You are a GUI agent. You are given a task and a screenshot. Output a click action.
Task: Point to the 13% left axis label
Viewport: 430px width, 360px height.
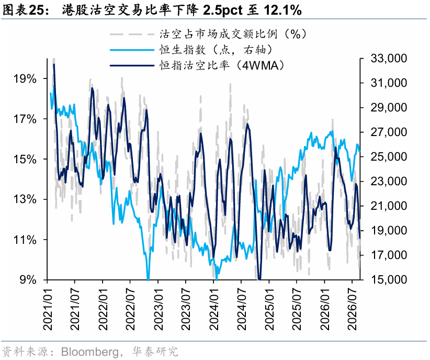pos(25,199)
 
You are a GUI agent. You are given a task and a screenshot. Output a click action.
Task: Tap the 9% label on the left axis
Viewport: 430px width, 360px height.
pos(28,279)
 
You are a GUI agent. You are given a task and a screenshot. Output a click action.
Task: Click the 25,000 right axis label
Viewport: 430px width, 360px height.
pos(389,156)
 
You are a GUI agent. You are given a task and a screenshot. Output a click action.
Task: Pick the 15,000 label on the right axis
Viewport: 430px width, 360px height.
pos(389,279)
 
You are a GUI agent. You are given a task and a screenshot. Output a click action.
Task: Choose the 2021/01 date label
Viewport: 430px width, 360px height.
pos(48,309)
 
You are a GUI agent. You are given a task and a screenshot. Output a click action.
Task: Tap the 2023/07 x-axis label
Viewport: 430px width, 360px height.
pos(186,309)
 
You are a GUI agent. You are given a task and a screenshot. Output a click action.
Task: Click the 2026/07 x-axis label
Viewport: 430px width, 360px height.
pos(353,309)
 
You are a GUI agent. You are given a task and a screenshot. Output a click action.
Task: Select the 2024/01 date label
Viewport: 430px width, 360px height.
pos(214,309)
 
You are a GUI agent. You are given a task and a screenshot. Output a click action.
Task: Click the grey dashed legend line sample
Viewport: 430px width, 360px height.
pos(132,35)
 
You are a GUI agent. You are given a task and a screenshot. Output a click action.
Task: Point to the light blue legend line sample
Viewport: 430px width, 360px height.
pos(132,50)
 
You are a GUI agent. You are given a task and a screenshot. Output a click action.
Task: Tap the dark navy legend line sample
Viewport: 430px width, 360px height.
pos(132,65)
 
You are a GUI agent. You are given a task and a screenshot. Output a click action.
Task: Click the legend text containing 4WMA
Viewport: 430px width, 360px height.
pos(222,65)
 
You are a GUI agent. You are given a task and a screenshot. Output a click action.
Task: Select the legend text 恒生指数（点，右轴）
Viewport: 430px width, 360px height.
pos(216,50)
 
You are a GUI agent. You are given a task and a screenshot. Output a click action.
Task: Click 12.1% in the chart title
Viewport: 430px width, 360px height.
pos(283,10)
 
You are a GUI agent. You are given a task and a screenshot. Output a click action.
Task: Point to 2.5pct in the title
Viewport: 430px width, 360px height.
pos(223,10)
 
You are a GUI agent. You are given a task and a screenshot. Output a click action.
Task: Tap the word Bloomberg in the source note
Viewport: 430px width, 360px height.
pos(89,352)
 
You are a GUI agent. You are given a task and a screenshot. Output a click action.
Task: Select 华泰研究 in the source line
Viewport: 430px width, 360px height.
pos(155,352)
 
